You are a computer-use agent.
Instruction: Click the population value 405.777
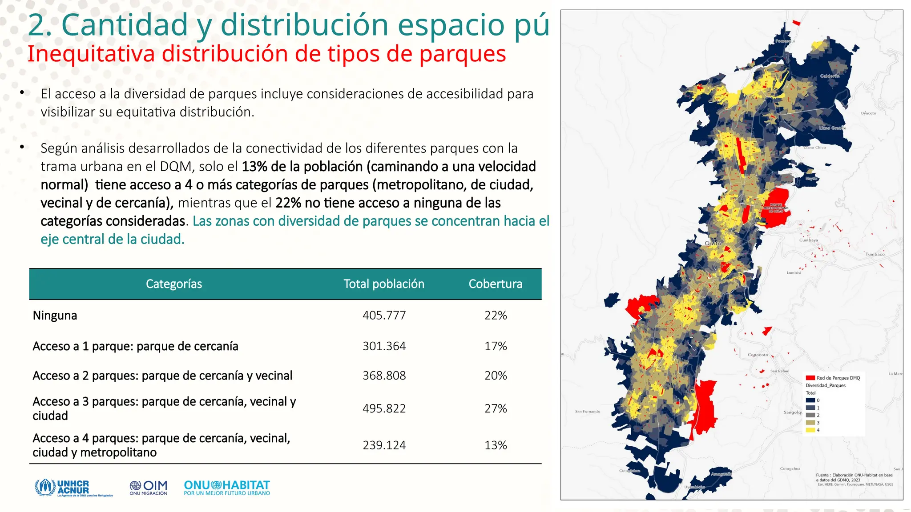pos(384,316)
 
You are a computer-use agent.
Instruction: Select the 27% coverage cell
pos(496,408)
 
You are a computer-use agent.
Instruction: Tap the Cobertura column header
pos(495,284)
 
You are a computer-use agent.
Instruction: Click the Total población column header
pos(383,284)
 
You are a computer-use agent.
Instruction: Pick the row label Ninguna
pos(55,316)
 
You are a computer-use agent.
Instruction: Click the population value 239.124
pos(384,445)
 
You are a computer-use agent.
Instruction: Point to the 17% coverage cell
pos(496,346)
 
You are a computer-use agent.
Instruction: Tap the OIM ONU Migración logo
pos(149,488)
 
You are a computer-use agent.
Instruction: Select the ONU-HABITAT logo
pos(227,488)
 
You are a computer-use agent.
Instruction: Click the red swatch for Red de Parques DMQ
pos(810,378)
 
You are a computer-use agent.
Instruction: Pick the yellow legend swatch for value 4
pos(810,430)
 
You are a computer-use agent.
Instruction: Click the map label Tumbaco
pos(875,254)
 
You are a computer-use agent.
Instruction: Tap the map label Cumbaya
pos(808,240)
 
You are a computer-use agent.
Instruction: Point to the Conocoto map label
pos(758,355)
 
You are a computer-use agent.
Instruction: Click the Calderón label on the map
pos(830,76)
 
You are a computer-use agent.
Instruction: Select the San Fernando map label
pos(587,412)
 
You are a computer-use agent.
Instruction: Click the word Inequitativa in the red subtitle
pos(91,54)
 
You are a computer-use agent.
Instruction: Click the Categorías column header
pos(173,284)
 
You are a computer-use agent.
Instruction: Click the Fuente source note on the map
pos(854,477)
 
